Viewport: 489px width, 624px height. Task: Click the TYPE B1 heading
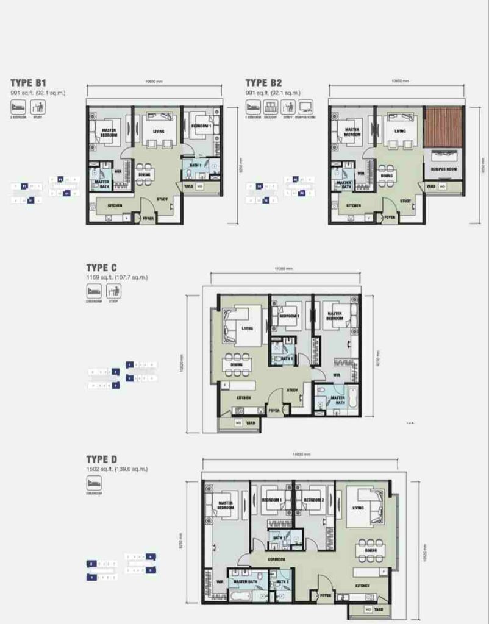29,82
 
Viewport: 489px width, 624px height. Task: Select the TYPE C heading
101,268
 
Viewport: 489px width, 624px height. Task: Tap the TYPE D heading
101,459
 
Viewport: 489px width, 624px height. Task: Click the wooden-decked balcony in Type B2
443,127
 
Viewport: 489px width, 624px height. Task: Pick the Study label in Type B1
162,199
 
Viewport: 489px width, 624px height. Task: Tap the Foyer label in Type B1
148,217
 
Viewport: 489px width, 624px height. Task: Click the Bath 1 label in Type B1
195,165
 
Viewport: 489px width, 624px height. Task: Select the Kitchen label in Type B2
353,205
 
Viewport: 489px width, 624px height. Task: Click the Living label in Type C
247,328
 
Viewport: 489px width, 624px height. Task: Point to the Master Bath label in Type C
337,400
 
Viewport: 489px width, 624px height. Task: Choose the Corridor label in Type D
278,559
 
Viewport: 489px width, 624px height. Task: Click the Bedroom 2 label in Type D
313,500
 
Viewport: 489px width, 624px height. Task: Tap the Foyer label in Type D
326,595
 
